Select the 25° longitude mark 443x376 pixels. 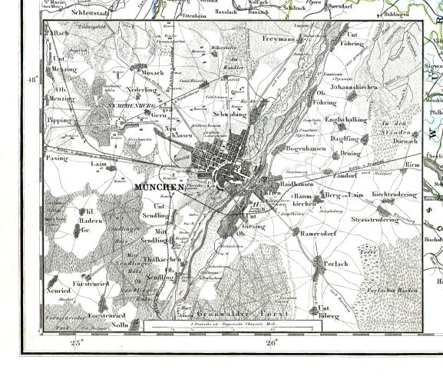[x=75, y=344]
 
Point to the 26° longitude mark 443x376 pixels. [x=270, y=344]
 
